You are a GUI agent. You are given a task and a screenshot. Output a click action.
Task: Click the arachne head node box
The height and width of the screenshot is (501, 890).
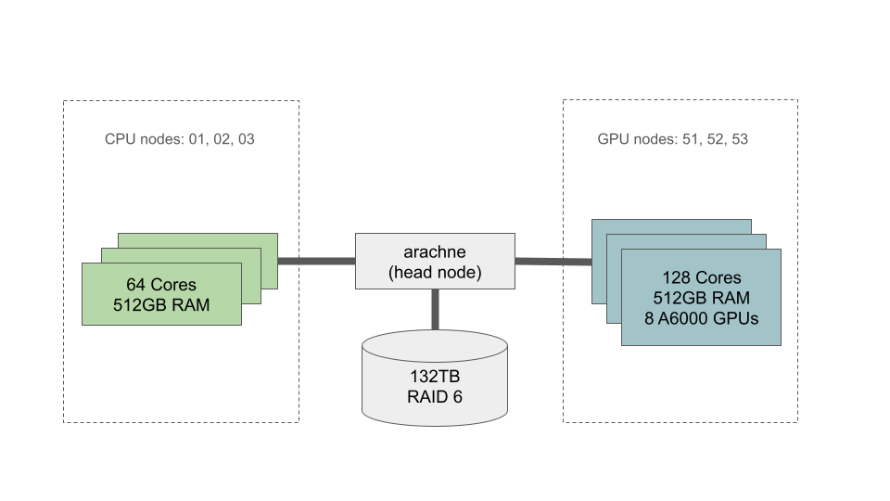click(435, 261)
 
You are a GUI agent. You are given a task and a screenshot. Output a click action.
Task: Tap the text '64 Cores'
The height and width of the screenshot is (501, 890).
click(161, 284)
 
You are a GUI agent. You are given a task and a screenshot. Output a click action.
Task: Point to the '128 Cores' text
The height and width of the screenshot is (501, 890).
click(701, 277)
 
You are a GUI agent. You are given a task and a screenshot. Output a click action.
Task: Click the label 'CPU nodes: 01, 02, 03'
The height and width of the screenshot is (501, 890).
click(180, 139)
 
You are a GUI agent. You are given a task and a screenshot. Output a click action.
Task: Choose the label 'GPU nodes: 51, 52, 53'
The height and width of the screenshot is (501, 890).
click(673, 139)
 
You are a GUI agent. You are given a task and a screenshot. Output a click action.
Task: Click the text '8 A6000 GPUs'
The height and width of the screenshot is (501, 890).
click(701, 318)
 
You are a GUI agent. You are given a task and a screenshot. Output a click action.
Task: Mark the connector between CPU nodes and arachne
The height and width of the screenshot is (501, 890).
click(316, 261)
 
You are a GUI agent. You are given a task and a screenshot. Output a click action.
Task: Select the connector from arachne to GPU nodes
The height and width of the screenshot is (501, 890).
click(553, 262)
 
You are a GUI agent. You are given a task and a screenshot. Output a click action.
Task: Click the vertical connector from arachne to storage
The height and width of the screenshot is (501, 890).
click(434, 309)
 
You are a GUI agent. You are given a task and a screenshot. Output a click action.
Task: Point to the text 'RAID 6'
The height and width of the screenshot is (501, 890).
click(435, 397)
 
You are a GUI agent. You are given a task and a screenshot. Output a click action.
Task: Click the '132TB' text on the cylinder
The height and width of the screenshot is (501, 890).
click(435, 378)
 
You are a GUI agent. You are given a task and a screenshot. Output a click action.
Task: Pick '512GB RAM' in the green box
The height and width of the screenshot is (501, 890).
click(161, 303)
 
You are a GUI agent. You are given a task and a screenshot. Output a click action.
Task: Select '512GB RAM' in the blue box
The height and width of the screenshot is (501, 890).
click(701, 298)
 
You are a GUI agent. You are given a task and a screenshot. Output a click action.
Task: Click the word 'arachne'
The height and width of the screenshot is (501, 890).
click(435, 251)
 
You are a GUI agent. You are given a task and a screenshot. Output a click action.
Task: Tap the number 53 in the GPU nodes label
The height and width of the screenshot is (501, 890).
click(739, 139)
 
